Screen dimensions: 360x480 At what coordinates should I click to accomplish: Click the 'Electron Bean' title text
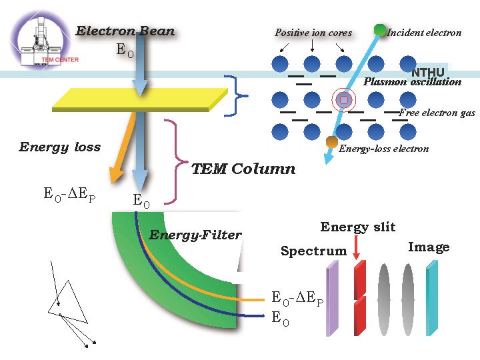click(x=125, y=31)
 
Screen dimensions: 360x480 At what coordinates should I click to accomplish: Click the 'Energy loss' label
click(x=60, y=147)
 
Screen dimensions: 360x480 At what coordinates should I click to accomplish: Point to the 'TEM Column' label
click(x=243, y=169)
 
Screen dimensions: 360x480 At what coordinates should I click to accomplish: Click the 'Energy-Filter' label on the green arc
click(x=195, y=235)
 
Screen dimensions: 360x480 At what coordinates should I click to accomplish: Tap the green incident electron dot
click(x=380, y=30)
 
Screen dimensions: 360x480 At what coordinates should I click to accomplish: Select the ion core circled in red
click(x=343, y=100)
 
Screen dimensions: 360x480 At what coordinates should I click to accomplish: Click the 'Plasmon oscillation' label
click(x=412, y=82)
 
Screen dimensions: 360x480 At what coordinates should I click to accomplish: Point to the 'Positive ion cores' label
click(x=313, y=33)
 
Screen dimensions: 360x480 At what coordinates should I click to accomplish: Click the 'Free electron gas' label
click(x=437, y=113)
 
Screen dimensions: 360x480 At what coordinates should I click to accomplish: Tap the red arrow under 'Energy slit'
click(x=357, y=248)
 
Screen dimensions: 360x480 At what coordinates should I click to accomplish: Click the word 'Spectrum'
click(x=313, y=251)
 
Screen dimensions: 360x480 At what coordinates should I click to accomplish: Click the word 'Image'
click(x=428, y=247)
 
